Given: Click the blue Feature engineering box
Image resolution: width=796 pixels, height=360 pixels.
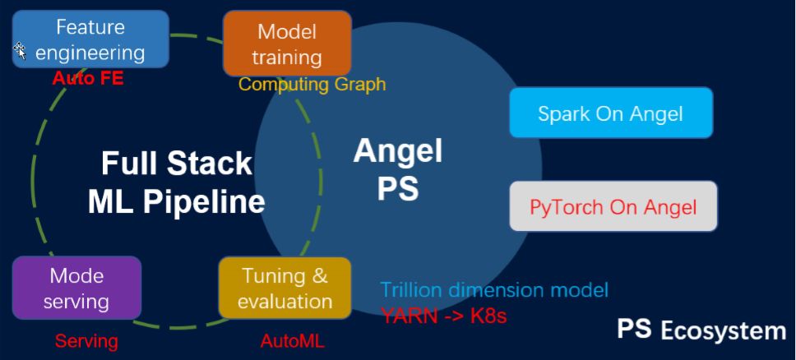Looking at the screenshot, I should [90, 39].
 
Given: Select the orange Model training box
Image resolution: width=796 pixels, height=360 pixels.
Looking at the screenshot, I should [287, 44].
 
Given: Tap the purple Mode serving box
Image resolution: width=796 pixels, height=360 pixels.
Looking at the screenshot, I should [76, 288].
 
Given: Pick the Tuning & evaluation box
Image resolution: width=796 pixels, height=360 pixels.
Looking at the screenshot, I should [285, 288].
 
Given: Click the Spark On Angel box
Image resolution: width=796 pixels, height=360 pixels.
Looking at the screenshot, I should [610, 113].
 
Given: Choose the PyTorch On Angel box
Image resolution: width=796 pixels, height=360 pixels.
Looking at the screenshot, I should [613, 206].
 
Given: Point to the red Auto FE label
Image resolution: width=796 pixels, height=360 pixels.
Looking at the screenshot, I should [87, 80].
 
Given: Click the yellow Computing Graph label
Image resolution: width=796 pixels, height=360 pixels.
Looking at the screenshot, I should [312, 84].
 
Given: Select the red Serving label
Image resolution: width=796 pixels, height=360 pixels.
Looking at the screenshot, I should [86, 340].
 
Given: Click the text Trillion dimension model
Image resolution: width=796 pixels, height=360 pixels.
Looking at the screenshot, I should [494, 289].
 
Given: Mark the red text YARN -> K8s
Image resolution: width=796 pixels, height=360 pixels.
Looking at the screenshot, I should [443, 314].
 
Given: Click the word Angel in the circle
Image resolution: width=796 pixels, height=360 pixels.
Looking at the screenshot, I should [398, 151].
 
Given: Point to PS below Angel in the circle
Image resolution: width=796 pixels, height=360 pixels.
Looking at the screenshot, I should [398, 188].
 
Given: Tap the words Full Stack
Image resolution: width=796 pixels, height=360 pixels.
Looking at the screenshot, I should [176, 163].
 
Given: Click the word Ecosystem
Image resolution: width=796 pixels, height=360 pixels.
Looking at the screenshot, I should [724, 331].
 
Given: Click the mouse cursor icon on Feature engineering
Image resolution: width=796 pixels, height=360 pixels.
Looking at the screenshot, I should [20, 51].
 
